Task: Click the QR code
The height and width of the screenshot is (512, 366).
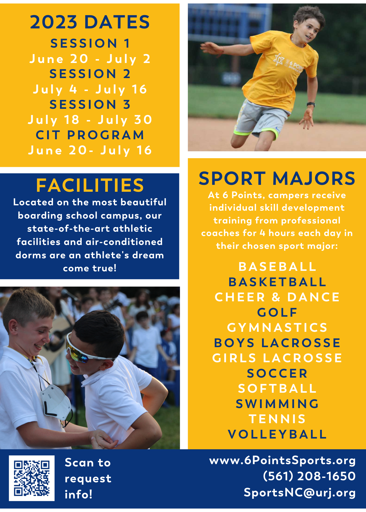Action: [32, 478]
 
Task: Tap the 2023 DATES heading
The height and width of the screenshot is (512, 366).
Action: [90, 22]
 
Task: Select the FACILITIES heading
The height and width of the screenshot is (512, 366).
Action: [90, 185]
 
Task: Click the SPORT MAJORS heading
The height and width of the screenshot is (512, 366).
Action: [277, 178]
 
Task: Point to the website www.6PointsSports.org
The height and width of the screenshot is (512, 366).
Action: [282, 461]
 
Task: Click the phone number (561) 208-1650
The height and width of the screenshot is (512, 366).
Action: [309, 476]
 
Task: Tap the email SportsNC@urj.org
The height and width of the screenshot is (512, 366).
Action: [300, 492]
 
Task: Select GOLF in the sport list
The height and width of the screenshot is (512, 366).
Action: [277, 312]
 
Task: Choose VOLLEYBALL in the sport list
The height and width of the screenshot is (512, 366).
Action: [277, 434]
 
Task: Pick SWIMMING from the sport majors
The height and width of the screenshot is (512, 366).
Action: [277, 404]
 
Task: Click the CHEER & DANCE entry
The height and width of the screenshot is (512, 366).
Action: [277, 297]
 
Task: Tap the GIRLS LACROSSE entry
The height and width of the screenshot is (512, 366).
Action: [277, 358]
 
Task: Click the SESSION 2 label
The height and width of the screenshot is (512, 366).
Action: [90, 74]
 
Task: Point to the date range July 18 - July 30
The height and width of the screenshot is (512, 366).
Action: [90, 120]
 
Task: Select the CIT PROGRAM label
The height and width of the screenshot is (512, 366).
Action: [90, 135]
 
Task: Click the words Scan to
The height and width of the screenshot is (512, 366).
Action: [88, 463]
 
